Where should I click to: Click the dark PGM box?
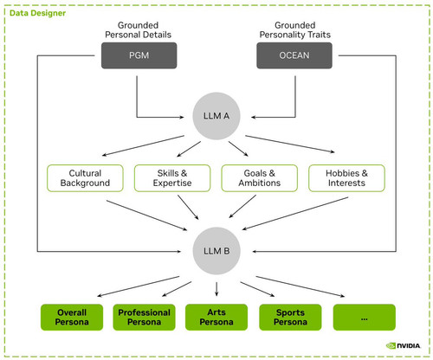coord(139,55)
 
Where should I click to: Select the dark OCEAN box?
coord(294,55)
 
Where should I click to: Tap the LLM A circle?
coord(216,116)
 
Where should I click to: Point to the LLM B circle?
coord(216,251)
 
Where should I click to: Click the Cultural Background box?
coord(85,178)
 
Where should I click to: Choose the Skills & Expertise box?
coord(172,178)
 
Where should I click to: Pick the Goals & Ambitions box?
coord(260,178)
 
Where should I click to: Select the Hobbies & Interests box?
coord(346,178)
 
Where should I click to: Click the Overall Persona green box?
coord(72,317)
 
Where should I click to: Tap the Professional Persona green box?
coord(144,317)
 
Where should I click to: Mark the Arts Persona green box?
coord(216,317)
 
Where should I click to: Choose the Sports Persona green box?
coord(290,317)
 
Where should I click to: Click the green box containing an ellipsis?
coord(365,317)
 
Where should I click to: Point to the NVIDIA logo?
coord(404,345)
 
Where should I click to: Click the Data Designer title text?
coord(37,13)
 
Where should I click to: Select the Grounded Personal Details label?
coord(139,30)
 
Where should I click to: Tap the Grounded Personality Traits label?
coord(294,30)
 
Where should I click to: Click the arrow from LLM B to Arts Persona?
coord(216,289)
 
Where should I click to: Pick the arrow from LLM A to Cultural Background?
coord(143,145)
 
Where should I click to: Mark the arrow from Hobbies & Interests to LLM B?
coord(295,214)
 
